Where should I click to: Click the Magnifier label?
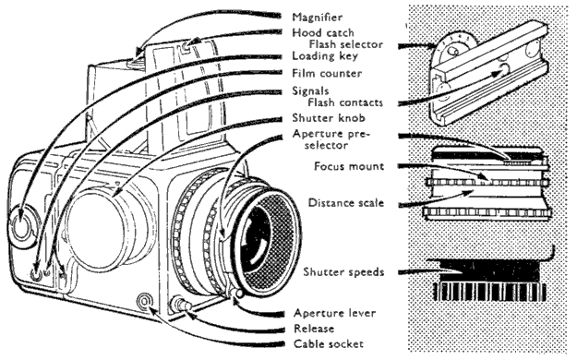317,18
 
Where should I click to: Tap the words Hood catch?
323,32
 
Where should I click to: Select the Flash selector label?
345,44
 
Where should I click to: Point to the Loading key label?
325,56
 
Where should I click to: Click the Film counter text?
327,73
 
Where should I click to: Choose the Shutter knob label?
329,118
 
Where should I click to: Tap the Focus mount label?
349,166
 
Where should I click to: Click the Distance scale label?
346,202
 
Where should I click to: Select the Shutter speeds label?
343,272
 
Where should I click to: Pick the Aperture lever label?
334,313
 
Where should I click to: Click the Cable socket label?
329,343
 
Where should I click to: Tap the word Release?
314,329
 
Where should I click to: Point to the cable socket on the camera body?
144,302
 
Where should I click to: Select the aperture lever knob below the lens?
238,294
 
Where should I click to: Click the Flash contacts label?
345,102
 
